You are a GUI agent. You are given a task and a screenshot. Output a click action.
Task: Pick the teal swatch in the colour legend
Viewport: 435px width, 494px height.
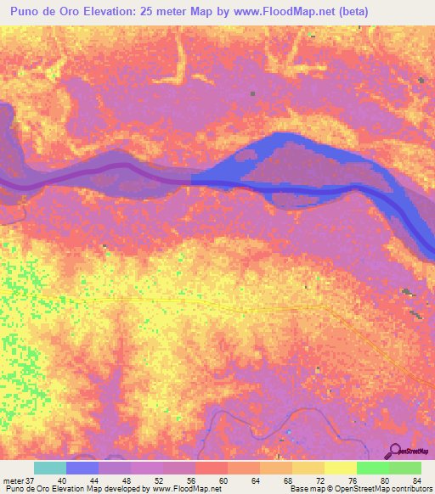pos(49,468)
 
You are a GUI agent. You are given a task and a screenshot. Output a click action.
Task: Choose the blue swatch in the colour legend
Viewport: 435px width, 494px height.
pos(82,468)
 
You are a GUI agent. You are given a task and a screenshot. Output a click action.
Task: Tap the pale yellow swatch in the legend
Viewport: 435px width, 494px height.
pos(340,468)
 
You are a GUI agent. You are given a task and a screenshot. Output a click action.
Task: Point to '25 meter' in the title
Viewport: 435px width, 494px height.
pos(161,13)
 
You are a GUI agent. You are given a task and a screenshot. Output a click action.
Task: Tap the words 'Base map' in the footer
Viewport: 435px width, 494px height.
pos(305,490)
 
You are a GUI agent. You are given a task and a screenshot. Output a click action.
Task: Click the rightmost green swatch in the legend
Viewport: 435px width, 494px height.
pos(404,468)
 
